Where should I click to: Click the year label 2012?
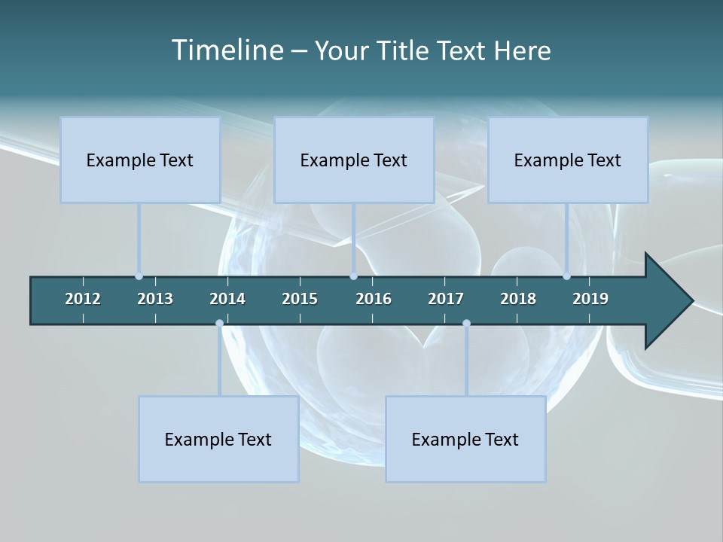tap(83, 299)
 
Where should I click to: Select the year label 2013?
tap(155, 299)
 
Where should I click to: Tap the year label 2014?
tap(227, 299)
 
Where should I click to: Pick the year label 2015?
tap(300, 299)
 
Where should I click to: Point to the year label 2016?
tap(374, 299)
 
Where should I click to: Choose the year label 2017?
tap(446, 299)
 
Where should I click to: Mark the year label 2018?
tap(518, 299)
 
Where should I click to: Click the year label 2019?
tap(590, 299)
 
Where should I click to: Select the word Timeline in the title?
tap(227, 50)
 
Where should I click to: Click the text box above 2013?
tap(140, 160)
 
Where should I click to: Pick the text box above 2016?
tap(354, 160)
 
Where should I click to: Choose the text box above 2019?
tap(568, 160)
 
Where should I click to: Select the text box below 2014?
tap(218, 439)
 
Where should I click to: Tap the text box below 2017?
tap(465, 439)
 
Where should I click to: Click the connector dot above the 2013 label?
tap(139, 276)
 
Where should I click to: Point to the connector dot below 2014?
tap(219, 323)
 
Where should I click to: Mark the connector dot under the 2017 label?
tap(466, 323)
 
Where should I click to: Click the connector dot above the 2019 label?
tap(566, 276)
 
